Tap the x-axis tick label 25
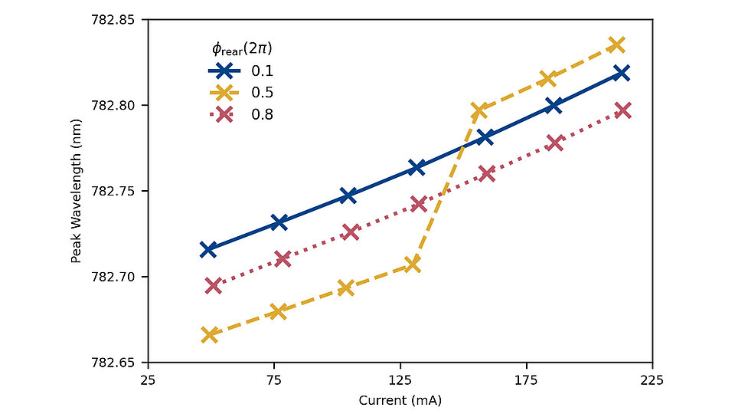pyautogui.click(x=149, y=379)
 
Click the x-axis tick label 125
pyautogui.click(x=400, y=379)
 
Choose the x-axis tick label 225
pyautogui.click(x=652, y=379)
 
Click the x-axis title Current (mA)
pyautogui.click(x=400, y=400)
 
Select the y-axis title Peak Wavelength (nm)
pyautogui.click(x=76, y=190)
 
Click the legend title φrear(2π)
pyautogui.click(x=243, y=48)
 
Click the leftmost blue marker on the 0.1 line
pyautogui.click(x=207, y=249)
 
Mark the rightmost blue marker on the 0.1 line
pyautogui.click(x=622, y=73)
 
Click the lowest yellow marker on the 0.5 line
pyautogui.click(x=209, y=335)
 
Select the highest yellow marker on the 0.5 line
pyautogui.click(x=616, y=44)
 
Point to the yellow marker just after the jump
pyautogui.click(x=479, y=110)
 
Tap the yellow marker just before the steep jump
pyautogui.click(x=413, y=264)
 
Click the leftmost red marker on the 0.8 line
pyautogui.click(x=214, y=285)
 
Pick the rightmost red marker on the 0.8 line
pyautogui.click(x=622, y=110)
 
